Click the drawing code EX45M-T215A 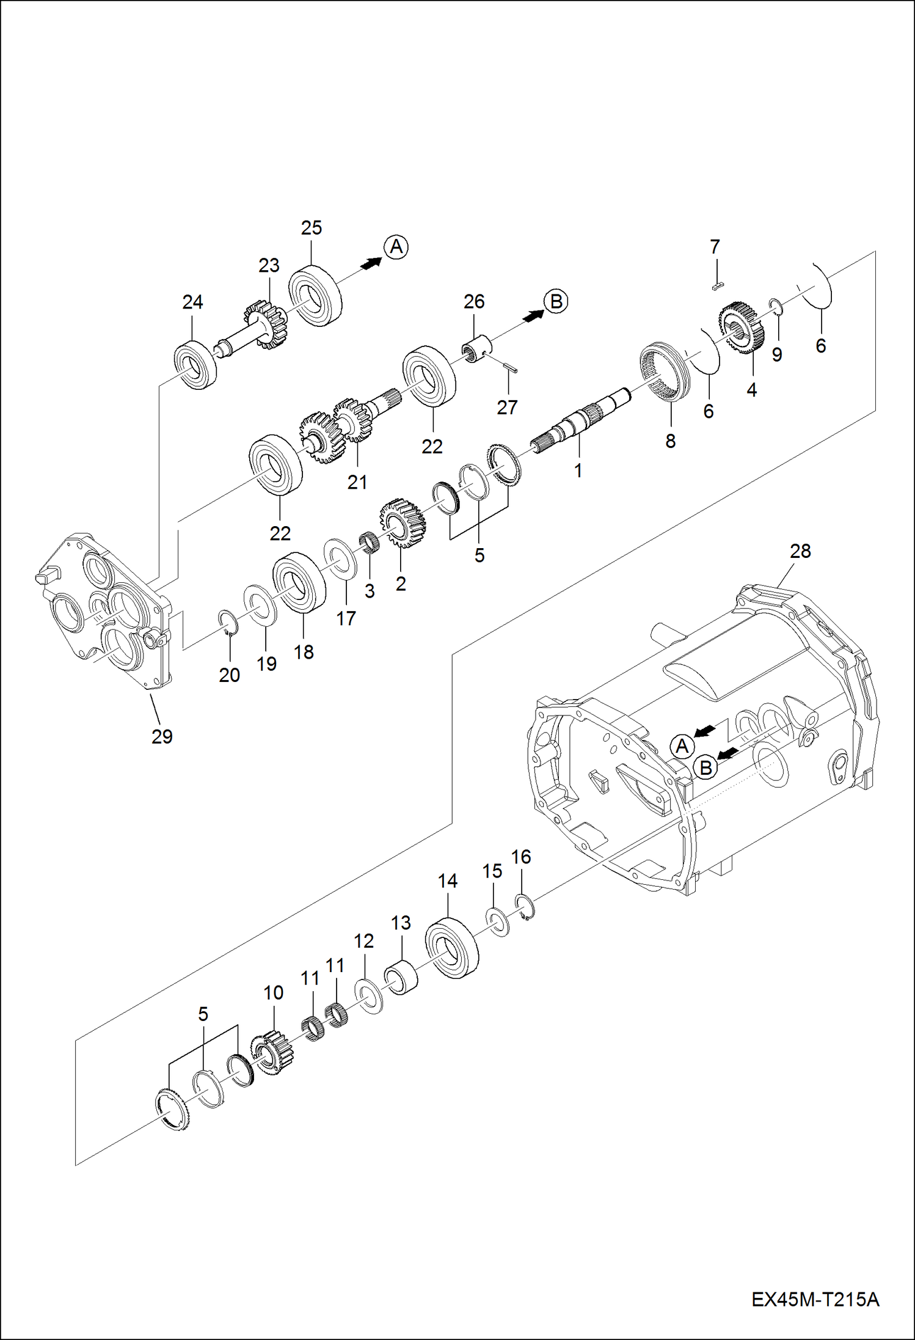pyautogui.click(x=815, y=1300)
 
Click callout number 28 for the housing pyautogui.click(x=800, y=551)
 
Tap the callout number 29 pyautogui.click(x=162, y=737)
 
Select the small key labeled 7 pyautogui.click(x=718, y=285)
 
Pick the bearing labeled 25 pyautogui.click(x=315, y=296)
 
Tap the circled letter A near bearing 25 pyautogui.click(x=396, y=247)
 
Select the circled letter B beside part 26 pyautogui.click(x=556, y=301)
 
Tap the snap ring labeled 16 pyautogui.click(x=525, y=907)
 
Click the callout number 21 pyautogui.click(x=357, y=482)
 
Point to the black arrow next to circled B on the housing pyautogui.click(x=728, y=753)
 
